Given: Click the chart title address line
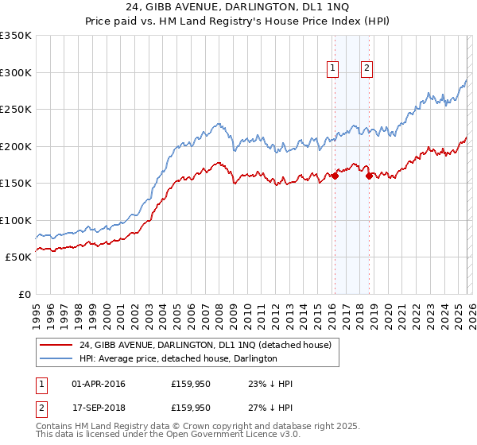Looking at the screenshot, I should coord(238,7).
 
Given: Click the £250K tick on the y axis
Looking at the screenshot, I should coord(16,110).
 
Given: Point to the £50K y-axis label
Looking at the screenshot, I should coord(17,257).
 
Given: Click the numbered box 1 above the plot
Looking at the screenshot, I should coord(332,69).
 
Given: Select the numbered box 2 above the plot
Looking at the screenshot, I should coord(366,69).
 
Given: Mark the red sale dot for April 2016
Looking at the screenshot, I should coord(335,176).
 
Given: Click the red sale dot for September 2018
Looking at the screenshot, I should coord(369,176).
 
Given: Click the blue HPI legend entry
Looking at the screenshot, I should coord(178,358).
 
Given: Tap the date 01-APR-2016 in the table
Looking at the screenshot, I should coord(99,384).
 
